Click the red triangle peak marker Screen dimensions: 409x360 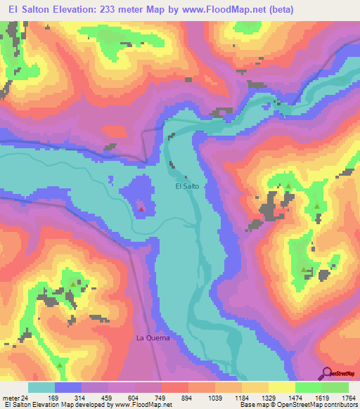(x=142, y=208)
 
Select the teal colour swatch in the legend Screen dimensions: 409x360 (x=41, y=388)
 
